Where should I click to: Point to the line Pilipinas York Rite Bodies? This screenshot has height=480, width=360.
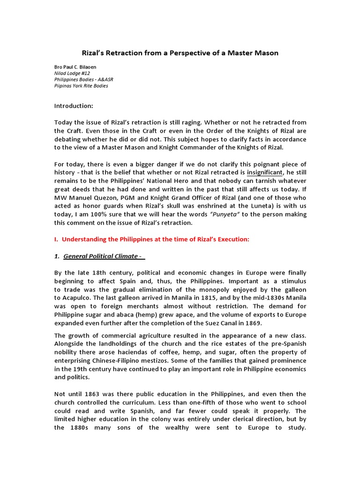81,86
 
